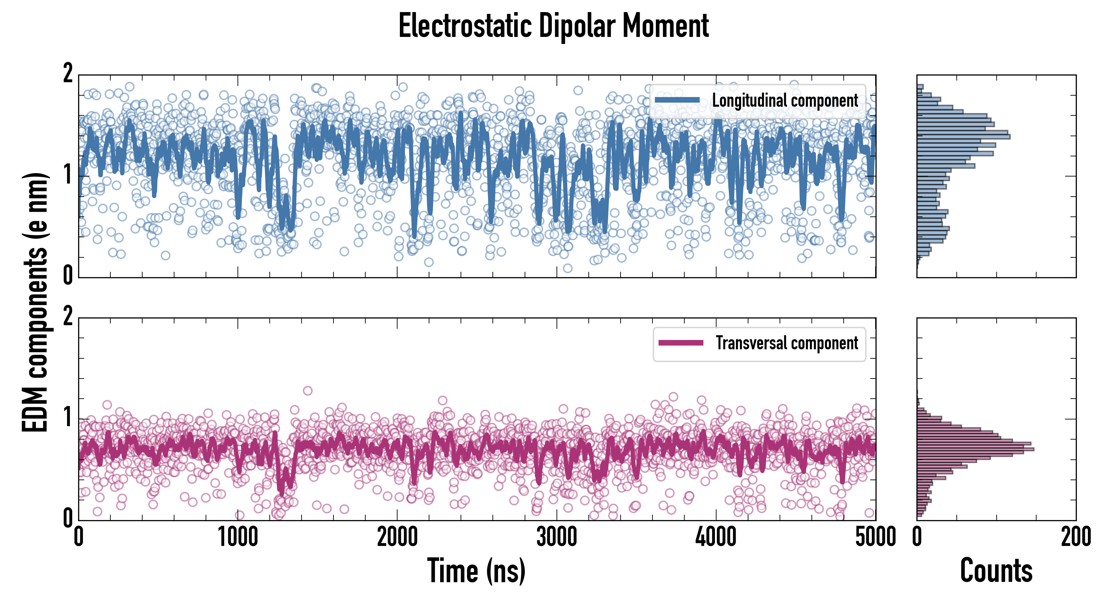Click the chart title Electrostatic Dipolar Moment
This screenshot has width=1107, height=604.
(553, 26)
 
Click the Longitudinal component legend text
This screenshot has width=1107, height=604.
(785, 101)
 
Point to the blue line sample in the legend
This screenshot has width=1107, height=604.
(677, 100)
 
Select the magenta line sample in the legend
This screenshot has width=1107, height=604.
(681, 343)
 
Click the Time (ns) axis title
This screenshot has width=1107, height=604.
(476, 570)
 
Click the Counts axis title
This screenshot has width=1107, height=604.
(996, 570)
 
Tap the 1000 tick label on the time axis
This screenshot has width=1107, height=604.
(238, 537)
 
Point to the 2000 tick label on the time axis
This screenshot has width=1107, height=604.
(397, 537)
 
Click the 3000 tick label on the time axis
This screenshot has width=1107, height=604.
(557, 537)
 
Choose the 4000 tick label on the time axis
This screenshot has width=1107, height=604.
(716, 537)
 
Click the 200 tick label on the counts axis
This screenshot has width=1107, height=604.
(1075, 537)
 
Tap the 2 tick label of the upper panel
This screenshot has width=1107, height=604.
(68, 74)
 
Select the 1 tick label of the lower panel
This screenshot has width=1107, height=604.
(68, 418)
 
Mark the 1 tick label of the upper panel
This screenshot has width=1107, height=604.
(68, 175)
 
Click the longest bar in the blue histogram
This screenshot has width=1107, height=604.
(963, 137)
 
